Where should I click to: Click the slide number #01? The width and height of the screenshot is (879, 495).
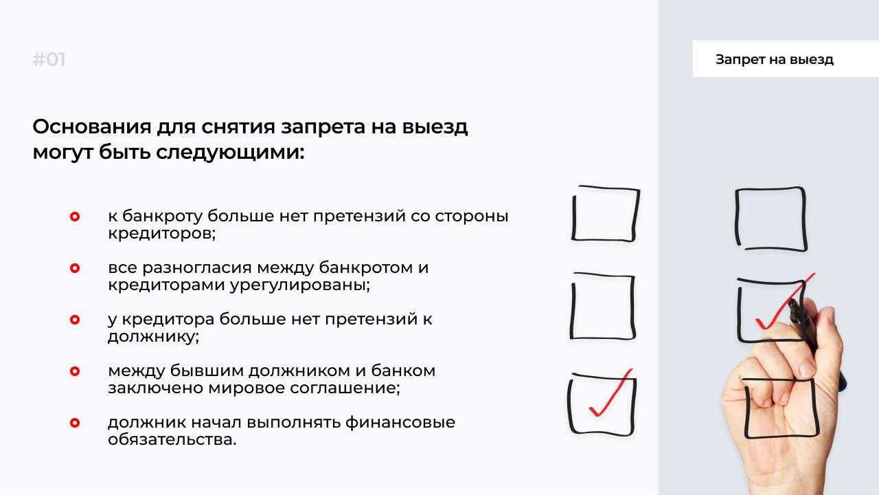point(49,60)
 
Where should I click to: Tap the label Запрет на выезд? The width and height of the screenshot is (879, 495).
point(774,59)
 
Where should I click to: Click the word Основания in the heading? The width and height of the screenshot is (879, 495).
point(92,126)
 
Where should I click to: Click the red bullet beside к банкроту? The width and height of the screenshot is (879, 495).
point(75,217)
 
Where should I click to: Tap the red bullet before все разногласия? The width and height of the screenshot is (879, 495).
point(75,268)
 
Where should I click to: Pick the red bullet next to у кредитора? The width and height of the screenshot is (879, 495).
point(75,320)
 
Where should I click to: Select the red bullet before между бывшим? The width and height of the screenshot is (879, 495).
point(75,371)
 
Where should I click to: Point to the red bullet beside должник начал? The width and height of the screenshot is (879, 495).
point(75,423)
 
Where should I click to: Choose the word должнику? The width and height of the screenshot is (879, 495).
point(152,337)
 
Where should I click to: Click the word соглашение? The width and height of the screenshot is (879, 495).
point(343,388)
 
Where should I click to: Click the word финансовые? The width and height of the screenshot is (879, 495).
point(400,423)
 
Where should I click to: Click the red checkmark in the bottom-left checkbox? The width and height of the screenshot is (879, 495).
point(611,393)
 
